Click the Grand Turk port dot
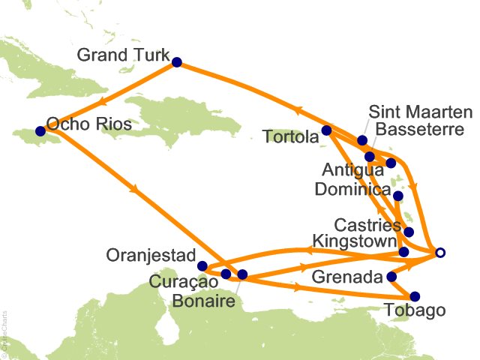click(x=177, y=63)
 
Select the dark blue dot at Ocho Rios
click(x=40, y=130)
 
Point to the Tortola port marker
click(x=326, y=130)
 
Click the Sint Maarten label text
click(x=421, y=112)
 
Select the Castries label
click(x=364, y=225)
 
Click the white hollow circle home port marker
click(x=440, y=253)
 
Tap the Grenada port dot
click(x=391, y=277)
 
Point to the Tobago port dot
click(x=415, y=295)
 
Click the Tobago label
click(x=415, y=310)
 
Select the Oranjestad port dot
click(x=202, y=265)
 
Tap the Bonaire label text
click(x=202, y=301)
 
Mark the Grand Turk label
click(x=123, y=55)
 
